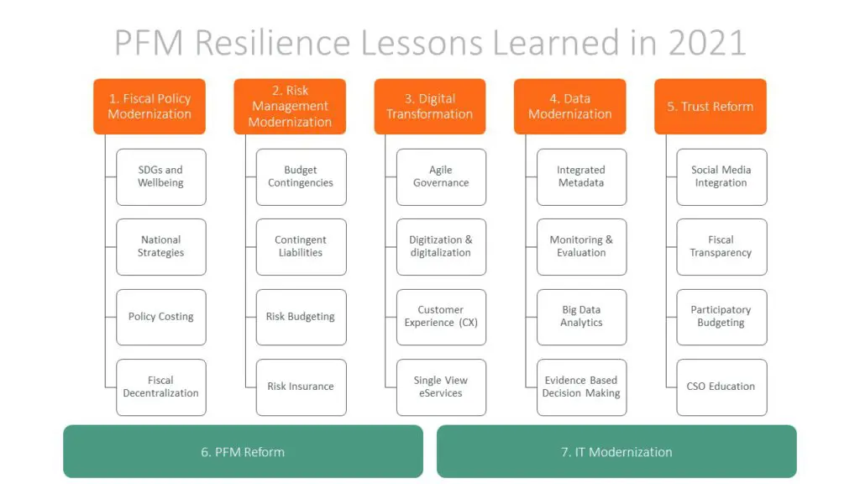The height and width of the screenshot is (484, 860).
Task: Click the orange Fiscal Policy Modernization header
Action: point(149,107)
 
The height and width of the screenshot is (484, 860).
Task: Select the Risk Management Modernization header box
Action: point(290,107)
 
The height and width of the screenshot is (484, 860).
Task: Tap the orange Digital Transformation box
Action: point(430,107)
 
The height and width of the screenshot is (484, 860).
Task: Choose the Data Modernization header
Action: point(570,107)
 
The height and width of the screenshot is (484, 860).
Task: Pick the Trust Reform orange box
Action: point(711,107)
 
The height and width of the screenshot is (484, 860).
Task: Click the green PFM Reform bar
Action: point(243,451)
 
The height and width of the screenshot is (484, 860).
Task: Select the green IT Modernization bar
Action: point(616,451)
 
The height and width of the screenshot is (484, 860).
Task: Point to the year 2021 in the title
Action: point(707,43)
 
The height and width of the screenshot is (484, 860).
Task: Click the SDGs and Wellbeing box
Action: point(161,177)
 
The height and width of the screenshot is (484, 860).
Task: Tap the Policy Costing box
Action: point(161,317)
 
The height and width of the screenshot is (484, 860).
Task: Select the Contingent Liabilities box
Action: point(302,247)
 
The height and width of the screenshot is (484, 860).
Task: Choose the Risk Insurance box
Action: point(302,387)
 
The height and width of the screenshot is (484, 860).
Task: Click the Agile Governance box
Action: point(442,177)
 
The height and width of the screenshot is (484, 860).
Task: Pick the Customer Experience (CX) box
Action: point(442,317)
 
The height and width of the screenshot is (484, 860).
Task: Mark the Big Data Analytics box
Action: point(581,317)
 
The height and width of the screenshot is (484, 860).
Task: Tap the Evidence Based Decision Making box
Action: point(581,387)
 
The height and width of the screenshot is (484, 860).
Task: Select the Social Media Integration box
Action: point(721,177)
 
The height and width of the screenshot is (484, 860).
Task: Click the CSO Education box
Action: point(721,387)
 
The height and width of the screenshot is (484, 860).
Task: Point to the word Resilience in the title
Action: point(273,43)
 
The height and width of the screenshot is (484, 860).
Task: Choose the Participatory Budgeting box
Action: point(721,317)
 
